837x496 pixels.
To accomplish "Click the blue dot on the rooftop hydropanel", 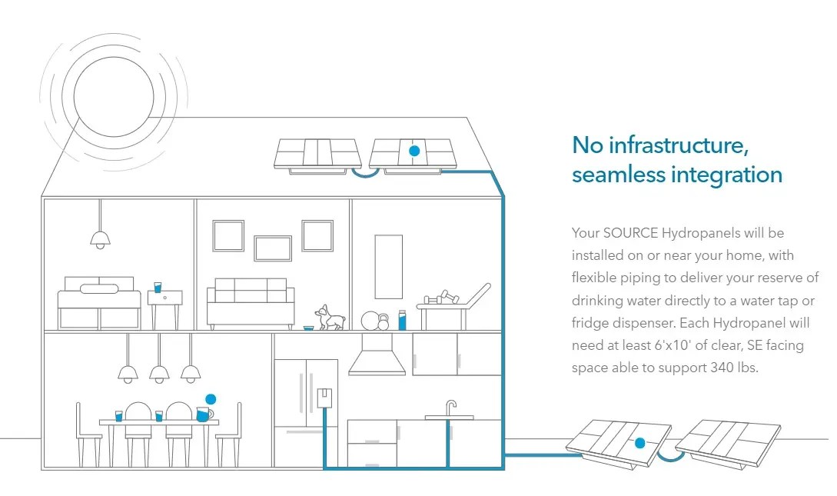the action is (414, 151).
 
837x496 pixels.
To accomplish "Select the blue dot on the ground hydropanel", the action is (639, 443).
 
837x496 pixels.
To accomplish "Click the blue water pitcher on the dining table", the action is (204, 414).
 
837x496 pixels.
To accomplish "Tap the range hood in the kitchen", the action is (377, 358).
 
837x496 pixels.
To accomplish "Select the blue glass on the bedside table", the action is (158, 287).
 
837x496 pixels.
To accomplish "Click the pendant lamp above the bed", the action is (100, 238).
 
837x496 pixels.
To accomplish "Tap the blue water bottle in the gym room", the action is (402, 319).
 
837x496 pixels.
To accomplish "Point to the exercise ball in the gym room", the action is (371, 320).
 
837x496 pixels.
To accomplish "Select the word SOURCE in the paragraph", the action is (629, 232).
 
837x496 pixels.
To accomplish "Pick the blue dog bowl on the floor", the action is (308, 328).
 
